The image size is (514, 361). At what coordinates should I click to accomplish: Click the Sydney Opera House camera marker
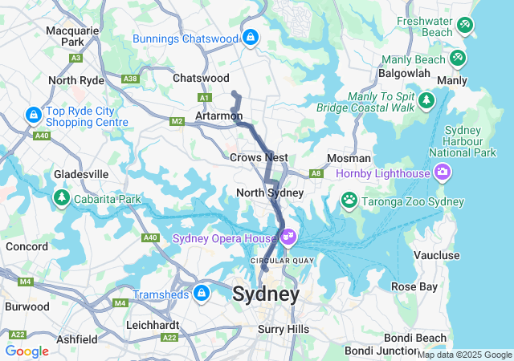(x=288, y=238)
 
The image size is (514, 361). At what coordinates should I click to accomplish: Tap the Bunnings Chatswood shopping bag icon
(x=251, y=37)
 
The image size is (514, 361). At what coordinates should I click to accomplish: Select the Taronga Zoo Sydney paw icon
(x=349, y=199)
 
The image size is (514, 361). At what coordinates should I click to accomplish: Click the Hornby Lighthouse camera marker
(x=442, y=172)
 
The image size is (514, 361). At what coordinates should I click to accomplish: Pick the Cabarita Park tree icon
(x=61, y=197)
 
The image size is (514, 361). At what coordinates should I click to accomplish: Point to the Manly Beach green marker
(x=457, y=58)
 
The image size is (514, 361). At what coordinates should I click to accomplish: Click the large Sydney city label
(x=266, y=294)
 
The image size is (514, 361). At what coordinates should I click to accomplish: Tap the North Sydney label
(x=270, y=193)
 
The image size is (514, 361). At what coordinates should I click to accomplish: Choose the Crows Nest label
(x=259, y=158)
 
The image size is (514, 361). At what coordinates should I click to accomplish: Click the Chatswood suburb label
(x=201, y=78)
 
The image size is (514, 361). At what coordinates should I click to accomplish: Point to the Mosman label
(x=349, y=158)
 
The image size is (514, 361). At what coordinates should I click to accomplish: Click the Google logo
(x=27, y=351)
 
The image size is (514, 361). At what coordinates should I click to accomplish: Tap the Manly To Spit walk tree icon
(x=426, y=100)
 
